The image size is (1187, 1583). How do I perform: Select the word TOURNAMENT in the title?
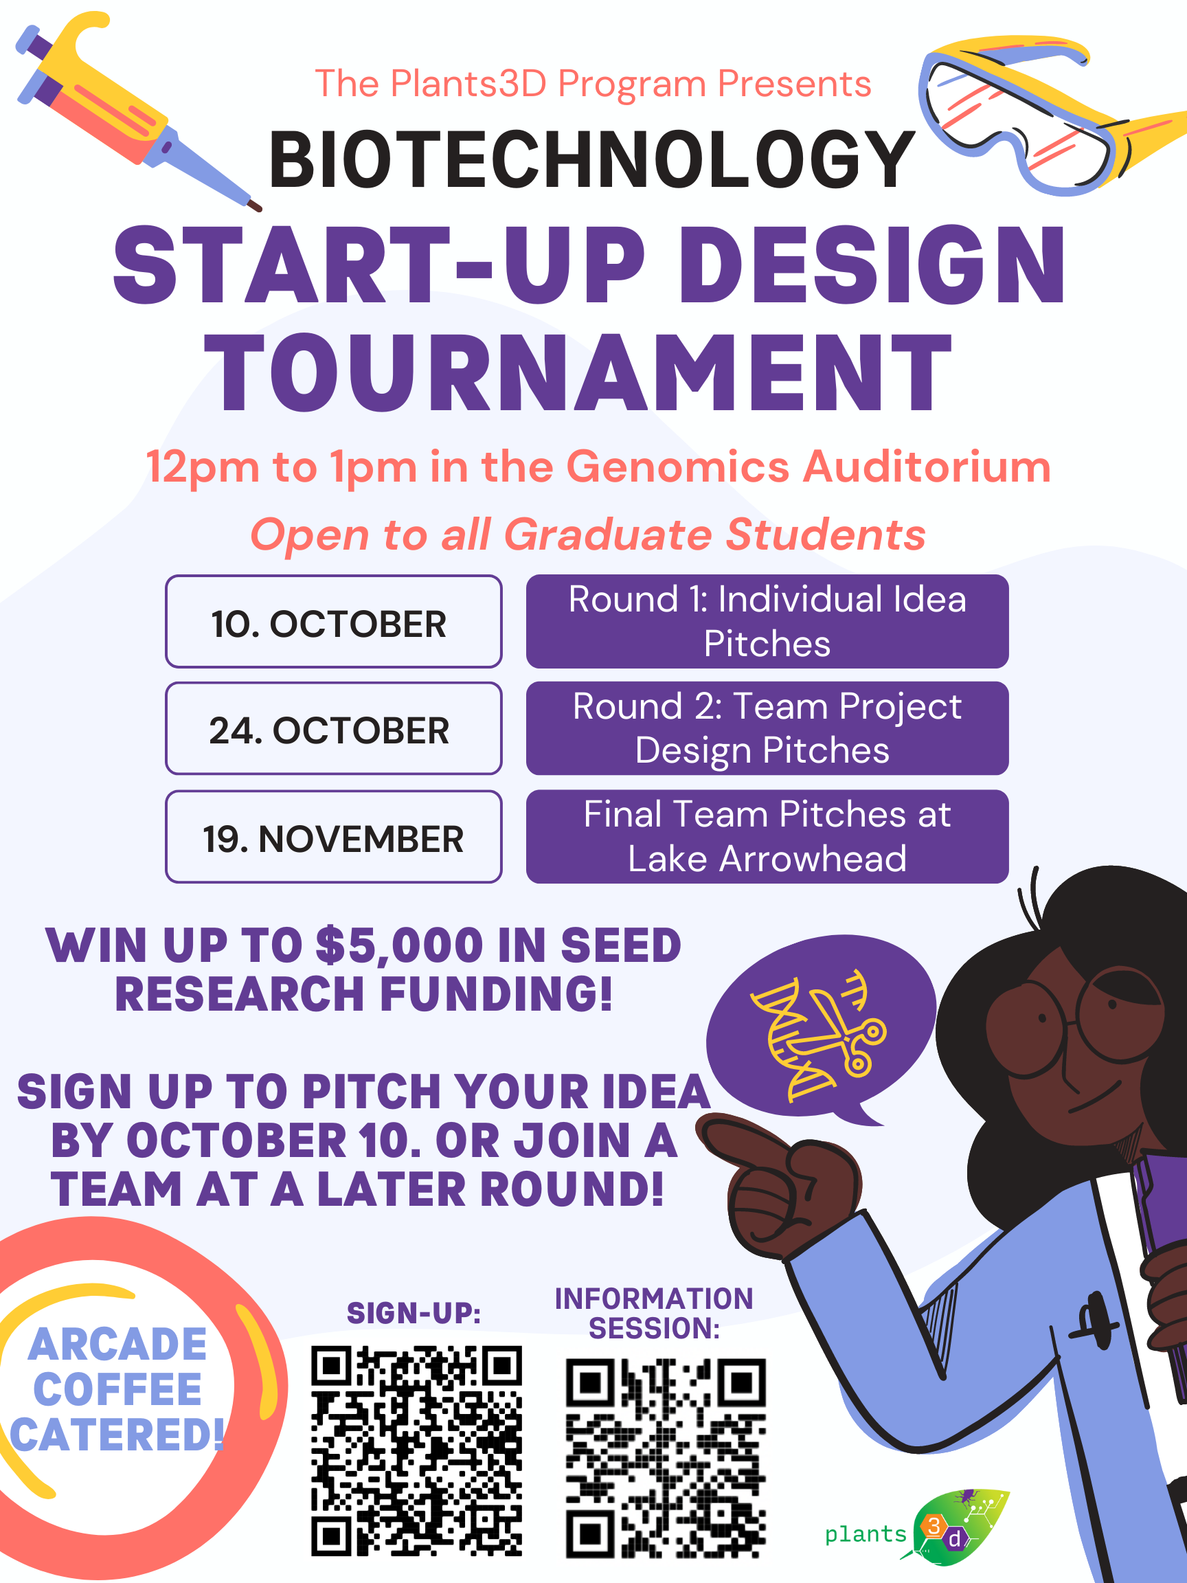(578, 373)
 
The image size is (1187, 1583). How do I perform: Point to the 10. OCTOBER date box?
(333, 621)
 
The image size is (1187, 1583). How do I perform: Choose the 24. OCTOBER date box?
(333, 728)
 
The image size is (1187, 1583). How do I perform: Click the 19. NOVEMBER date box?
(333, 837)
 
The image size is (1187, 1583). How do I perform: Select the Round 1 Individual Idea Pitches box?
(767, 621)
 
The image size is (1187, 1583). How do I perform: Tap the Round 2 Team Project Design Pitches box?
(767, 728)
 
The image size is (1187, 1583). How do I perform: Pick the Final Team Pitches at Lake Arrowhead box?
(767, 837)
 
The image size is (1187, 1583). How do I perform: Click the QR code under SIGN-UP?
(416, 1450)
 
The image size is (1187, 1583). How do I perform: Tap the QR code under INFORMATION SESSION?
(666, 1458)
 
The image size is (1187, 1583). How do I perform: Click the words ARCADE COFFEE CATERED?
(117, 1390)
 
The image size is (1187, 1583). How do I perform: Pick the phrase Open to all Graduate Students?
(587, 535)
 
